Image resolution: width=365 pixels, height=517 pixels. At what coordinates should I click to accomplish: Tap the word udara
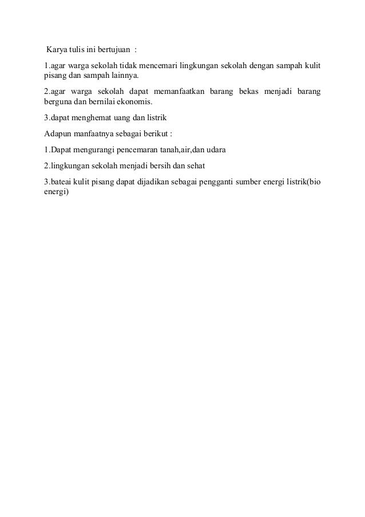click(x=215, y=151)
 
